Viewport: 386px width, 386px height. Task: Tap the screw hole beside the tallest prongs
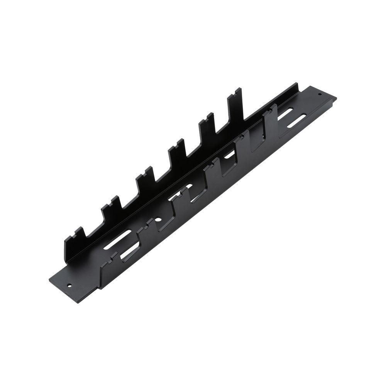(320, 94)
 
